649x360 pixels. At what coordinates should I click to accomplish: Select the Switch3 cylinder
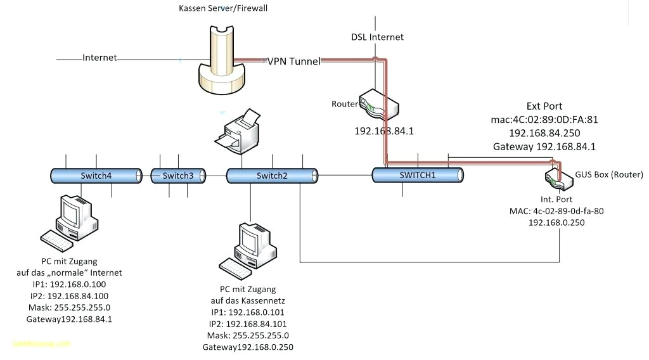click(178, 176)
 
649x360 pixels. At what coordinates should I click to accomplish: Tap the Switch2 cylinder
click(272, 176)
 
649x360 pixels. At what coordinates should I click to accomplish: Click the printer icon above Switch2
click(238, 131)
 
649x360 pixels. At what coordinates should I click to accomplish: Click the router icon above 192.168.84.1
click(378, 105)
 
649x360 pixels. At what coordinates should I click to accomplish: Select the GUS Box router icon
click(558, 178)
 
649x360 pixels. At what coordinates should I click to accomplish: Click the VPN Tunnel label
click(293, 61)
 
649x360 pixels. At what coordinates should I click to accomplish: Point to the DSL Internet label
click(378, 37)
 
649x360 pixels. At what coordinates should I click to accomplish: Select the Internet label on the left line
click(100, 58)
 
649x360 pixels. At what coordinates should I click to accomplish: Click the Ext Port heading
click(544, 106)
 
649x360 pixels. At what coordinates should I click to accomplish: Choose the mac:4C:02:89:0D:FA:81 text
click(544, 119)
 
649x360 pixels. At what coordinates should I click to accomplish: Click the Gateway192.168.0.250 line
click(248, 347)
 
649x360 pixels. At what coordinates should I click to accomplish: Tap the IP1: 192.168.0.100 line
click(69, 285)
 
